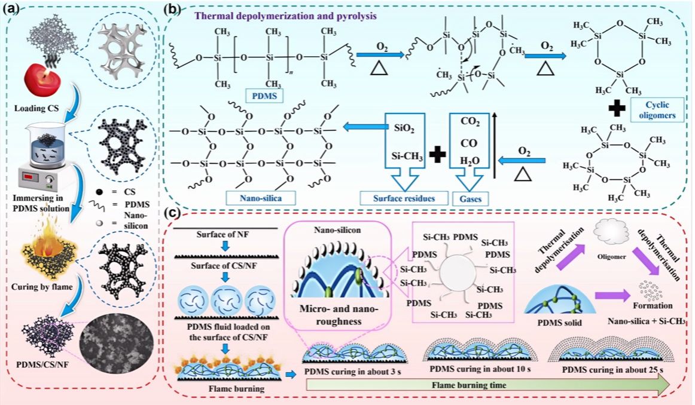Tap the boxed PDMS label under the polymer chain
pos(264,96)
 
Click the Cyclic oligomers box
pos(657,110)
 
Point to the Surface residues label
pos(404,198)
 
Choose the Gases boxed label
pos(470,199)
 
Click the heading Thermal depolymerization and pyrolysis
pos(285,16)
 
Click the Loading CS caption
pos(36,109)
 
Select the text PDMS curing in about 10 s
pos(480,368)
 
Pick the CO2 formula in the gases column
pos(470,122)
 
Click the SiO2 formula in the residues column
pos(404,128)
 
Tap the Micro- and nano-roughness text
pos(339,315)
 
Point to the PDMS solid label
pos(560,323)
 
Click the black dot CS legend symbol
pos(100,192)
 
